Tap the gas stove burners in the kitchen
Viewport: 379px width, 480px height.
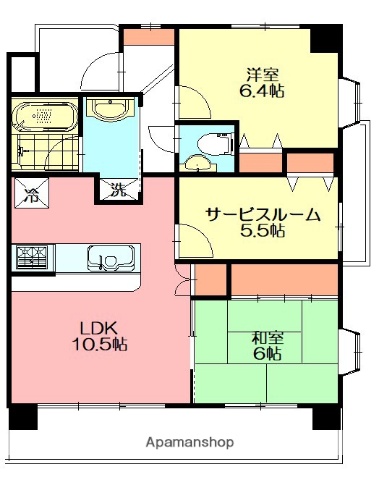pyautogui.click(x=31, y=257)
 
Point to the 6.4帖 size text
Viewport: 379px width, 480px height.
pyautogui.click(x=262, y=91)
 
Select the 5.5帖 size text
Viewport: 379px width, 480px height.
pyautogui.click(x=263, y=232)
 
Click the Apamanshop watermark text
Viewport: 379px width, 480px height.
pyautogui.click(x=189, y=440)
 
